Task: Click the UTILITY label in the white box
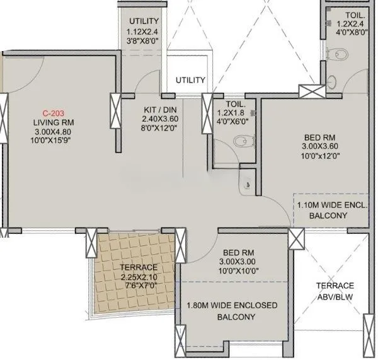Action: click(x=190, y=80)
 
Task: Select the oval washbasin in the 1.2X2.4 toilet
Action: click(x=333, y=81)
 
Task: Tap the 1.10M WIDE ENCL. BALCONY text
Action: click(x=332, y=210)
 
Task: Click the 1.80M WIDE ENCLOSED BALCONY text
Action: click(x=232, y=311)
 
